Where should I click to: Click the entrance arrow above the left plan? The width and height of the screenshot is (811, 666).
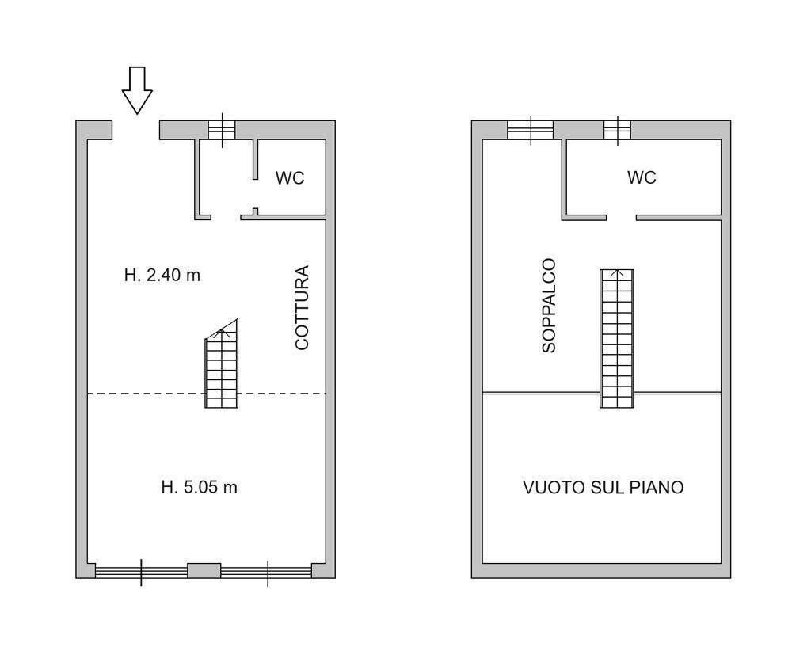[x=136, y=89]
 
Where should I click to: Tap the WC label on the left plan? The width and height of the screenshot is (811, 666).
[x=290, y=178]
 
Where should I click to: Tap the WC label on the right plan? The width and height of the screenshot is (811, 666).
[x=642, y=177]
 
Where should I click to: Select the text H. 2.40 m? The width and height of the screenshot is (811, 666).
[x=162, y=276]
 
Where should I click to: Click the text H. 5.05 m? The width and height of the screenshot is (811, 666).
[x=199, y=487]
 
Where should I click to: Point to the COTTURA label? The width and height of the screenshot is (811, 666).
[x=302, y=307]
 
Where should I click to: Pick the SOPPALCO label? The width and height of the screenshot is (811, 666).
[x=549, y=305]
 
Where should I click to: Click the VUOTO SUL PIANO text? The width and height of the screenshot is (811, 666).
[x=603, y=487]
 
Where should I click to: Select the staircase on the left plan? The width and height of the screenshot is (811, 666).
[x=222, y=368]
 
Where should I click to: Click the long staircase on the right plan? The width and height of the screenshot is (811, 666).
[x=616, y=338]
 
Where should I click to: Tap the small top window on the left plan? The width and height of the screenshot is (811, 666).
[x=222, y=130]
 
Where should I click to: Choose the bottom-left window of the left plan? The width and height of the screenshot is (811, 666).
[x=141, y=571]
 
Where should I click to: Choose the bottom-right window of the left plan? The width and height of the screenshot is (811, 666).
[x=267, y=571]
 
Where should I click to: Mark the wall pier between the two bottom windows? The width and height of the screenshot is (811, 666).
[x=204, y=570]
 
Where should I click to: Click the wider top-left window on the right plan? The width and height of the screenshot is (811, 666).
[x=530, y=130]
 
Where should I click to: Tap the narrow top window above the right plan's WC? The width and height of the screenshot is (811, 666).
[x=617, y=130]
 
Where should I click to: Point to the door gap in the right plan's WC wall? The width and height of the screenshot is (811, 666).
[x=621, y=217]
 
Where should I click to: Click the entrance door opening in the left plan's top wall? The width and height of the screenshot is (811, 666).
[x=136, y=131]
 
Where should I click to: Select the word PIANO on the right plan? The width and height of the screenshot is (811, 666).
[x=657, y=487]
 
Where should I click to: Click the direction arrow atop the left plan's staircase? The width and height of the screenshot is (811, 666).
[x=224, y=333]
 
